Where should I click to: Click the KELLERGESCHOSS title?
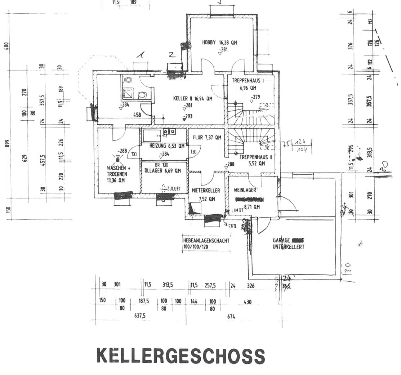tap(181, 356)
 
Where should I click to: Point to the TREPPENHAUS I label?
tap(248, 81)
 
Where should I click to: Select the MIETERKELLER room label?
tap(206, 191)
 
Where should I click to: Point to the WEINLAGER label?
tap(245, 190)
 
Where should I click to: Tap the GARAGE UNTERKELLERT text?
tap(288, 244)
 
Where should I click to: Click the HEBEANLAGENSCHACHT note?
tap(206, 240)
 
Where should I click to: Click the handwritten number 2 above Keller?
tap(172, 55)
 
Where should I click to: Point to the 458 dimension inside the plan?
tap(137, 115)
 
